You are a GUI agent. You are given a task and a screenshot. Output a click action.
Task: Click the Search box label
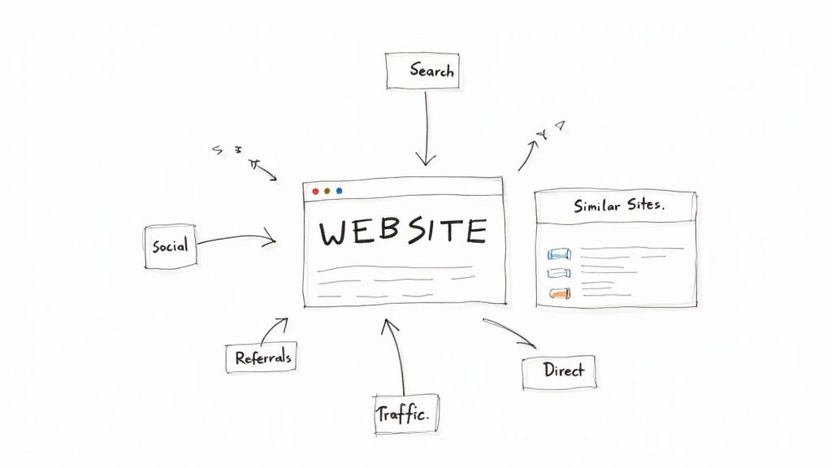(x=431, y=71)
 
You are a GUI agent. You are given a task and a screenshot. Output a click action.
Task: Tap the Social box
(x=170, y=245)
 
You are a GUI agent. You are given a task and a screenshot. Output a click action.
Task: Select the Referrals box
(x=262, y=357)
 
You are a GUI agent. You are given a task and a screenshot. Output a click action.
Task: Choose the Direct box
(x=563, y=370)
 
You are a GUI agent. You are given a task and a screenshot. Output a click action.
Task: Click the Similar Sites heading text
(x=618, y=206)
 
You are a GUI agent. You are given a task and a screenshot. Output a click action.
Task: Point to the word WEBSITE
(x=403, y=232)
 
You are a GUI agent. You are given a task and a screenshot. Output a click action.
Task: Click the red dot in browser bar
(x=315, y=191)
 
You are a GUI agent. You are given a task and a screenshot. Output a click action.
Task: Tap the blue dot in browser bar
(x=339, y=191)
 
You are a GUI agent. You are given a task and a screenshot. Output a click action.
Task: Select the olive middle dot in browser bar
(x=327, y=191)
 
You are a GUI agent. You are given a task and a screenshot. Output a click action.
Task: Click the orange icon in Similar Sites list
(x=558, y=293)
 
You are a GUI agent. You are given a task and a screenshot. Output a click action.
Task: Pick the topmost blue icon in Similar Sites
(x=558, y=254)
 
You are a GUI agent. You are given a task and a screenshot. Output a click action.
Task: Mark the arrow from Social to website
(x=236, y=239)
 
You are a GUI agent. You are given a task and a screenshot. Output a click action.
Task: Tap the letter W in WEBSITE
(x=333, y=233)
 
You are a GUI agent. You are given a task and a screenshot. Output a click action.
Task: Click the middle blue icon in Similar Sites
(x=558, y=274)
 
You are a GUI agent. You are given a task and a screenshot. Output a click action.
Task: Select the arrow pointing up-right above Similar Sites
(x=528, y=154)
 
